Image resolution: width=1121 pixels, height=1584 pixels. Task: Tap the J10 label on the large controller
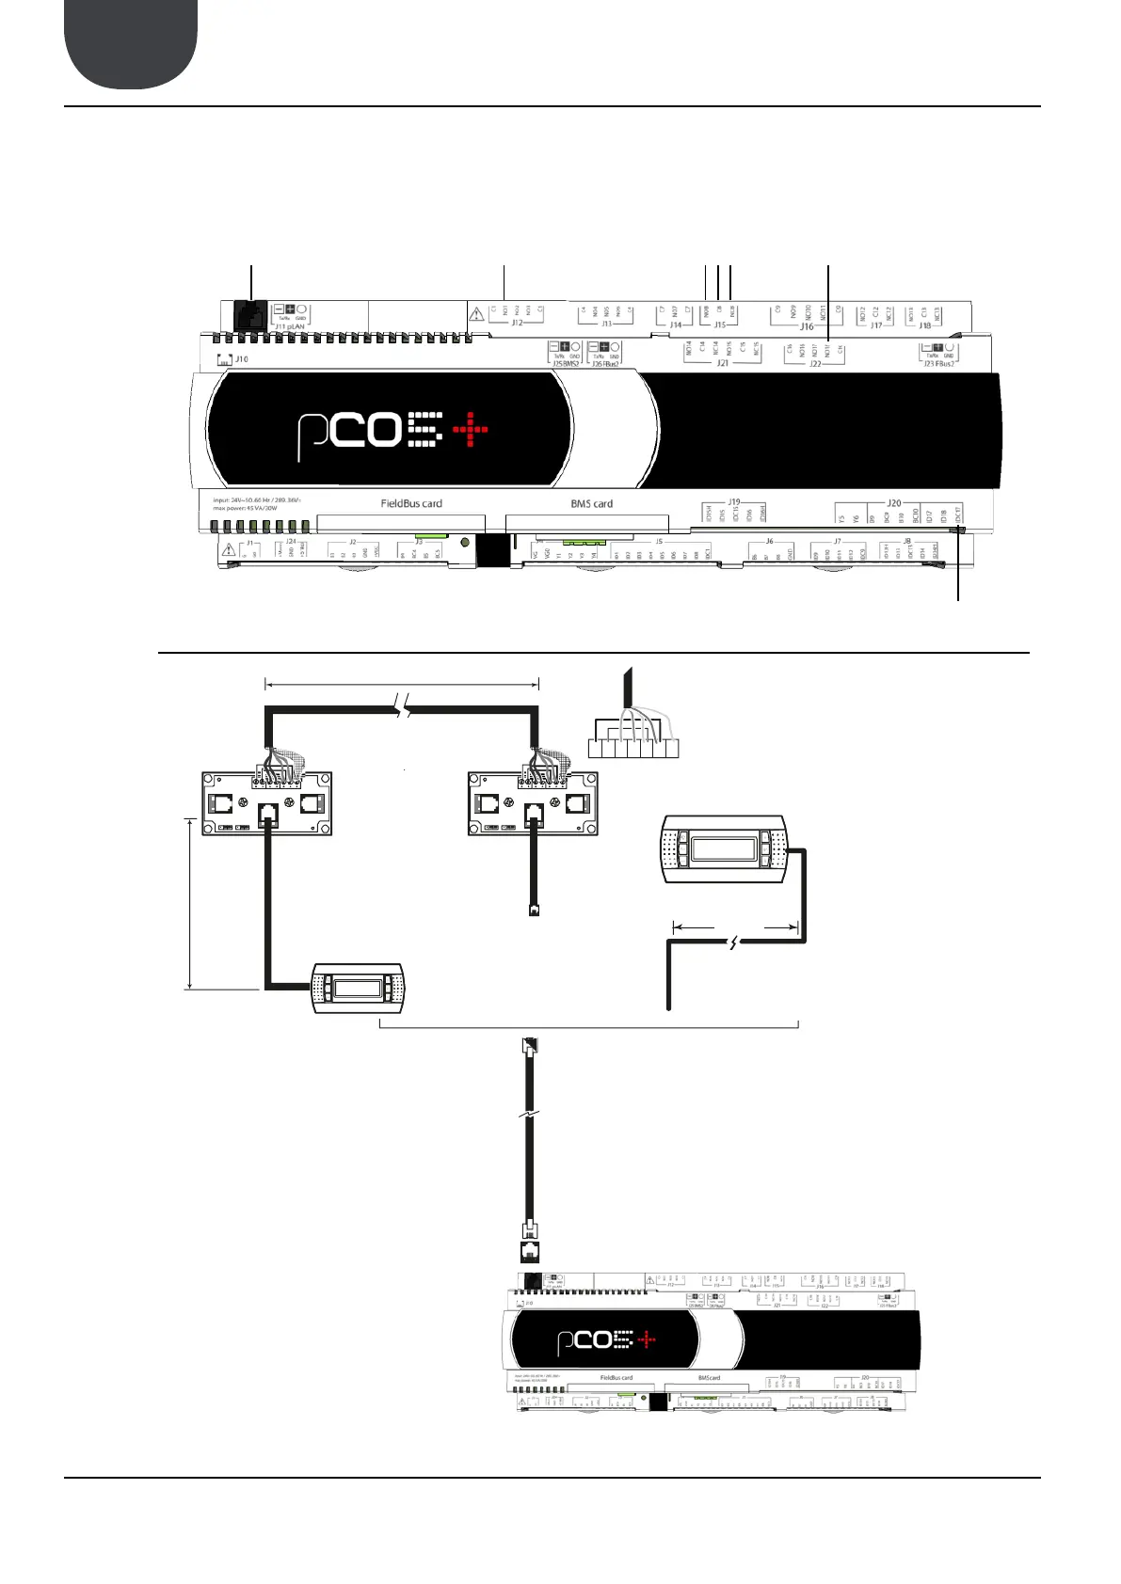[x=242, y=359]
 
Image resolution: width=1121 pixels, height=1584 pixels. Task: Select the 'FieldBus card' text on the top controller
[x=411, y=503]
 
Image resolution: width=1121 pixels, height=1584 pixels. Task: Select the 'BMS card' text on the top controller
[x=591, y=503]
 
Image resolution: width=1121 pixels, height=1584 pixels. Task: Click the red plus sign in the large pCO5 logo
[x=471, y=430]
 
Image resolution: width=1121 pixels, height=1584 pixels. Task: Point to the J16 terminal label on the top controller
[x=807, y=327]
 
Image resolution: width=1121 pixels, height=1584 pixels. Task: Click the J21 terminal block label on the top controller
[x=722, y=363]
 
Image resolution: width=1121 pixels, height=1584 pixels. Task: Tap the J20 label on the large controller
[x=893, y=503]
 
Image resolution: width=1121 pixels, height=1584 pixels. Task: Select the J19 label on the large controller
[x=734, y=502]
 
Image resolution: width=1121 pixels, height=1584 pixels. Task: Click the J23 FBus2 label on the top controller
[x=938, y=363]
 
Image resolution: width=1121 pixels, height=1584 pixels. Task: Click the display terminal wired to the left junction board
[x=358, y=988]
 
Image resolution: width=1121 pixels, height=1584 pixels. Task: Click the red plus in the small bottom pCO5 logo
[x=647, y=1339]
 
